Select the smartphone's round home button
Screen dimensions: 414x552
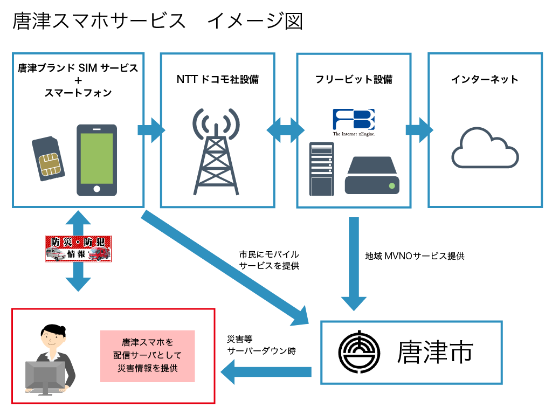96,189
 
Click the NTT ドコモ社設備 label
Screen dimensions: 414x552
217,80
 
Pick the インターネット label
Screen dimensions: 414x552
484,80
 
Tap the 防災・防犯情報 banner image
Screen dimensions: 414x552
78,249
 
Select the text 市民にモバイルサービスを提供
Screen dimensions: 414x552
268,260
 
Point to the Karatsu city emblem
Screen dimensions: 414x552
358,353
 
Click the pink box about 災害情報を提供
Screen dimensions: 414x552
147,356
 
